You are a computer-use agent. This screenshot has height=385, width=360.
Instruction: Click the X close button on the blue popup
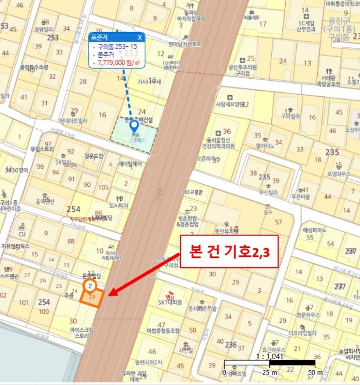pyautogui.click(x=140, y=37)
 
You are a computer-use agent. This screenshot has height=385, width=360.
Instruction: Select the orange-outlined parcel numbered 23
pyautogui.click(x=91, y=298)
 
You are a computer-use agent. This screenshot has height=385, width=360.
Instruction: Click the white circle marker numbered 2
pyautogui.click(x=90, y=286)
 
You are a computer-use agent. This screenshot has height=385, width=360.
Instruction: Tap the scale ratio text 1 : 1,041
pyautogui.click(x=270, y=355)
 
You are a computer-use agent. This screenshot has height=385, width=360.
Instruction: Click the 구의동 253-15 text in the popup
pyautogui.click(x=118, y=47)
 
